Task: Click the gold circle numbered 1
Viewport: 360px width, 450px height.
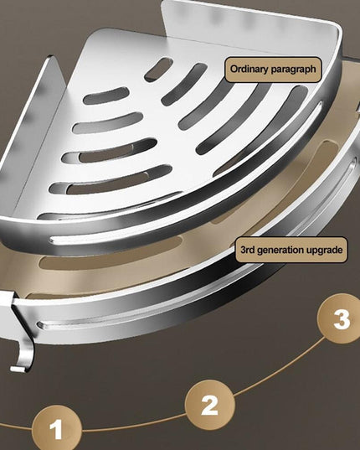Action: (x=56, y=429)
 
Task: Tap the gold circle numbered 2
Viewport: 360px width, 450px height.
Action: (x=210, y=405)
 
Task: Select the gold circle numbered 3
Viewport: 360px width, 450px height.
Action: (x=341, y=318)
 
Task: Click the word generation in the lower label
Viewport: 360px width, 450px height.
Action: (x=282, y=250)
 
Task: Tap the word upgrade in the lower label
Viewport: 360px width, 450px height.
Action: (x=326, y=251)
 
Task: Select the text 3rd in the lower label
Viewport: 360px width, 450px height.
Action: (x=248, y=250)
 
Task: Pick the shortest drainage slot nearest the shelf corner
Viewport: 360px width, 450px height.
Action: (x=158, y=69)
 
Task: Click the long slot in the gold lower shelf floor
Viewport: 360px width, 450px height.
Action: (x=112, y=256)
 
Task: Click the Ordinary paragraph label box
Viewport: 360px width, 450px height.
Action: (x=273, y=70)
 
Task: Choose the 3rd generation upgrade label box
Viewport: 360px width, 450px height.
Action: (x=291, y=250)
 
